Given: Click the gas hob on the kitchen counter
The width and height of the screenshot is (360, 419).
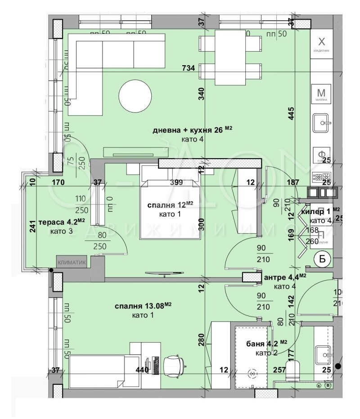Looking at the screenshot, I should click(x=321, y=177).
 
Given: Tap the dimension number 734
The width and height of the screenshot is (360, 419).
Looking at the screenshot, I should click(x=188, y=68).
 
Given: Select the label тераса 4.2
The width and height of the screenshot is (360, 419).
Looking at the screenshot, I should click(x=62, y=222).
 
